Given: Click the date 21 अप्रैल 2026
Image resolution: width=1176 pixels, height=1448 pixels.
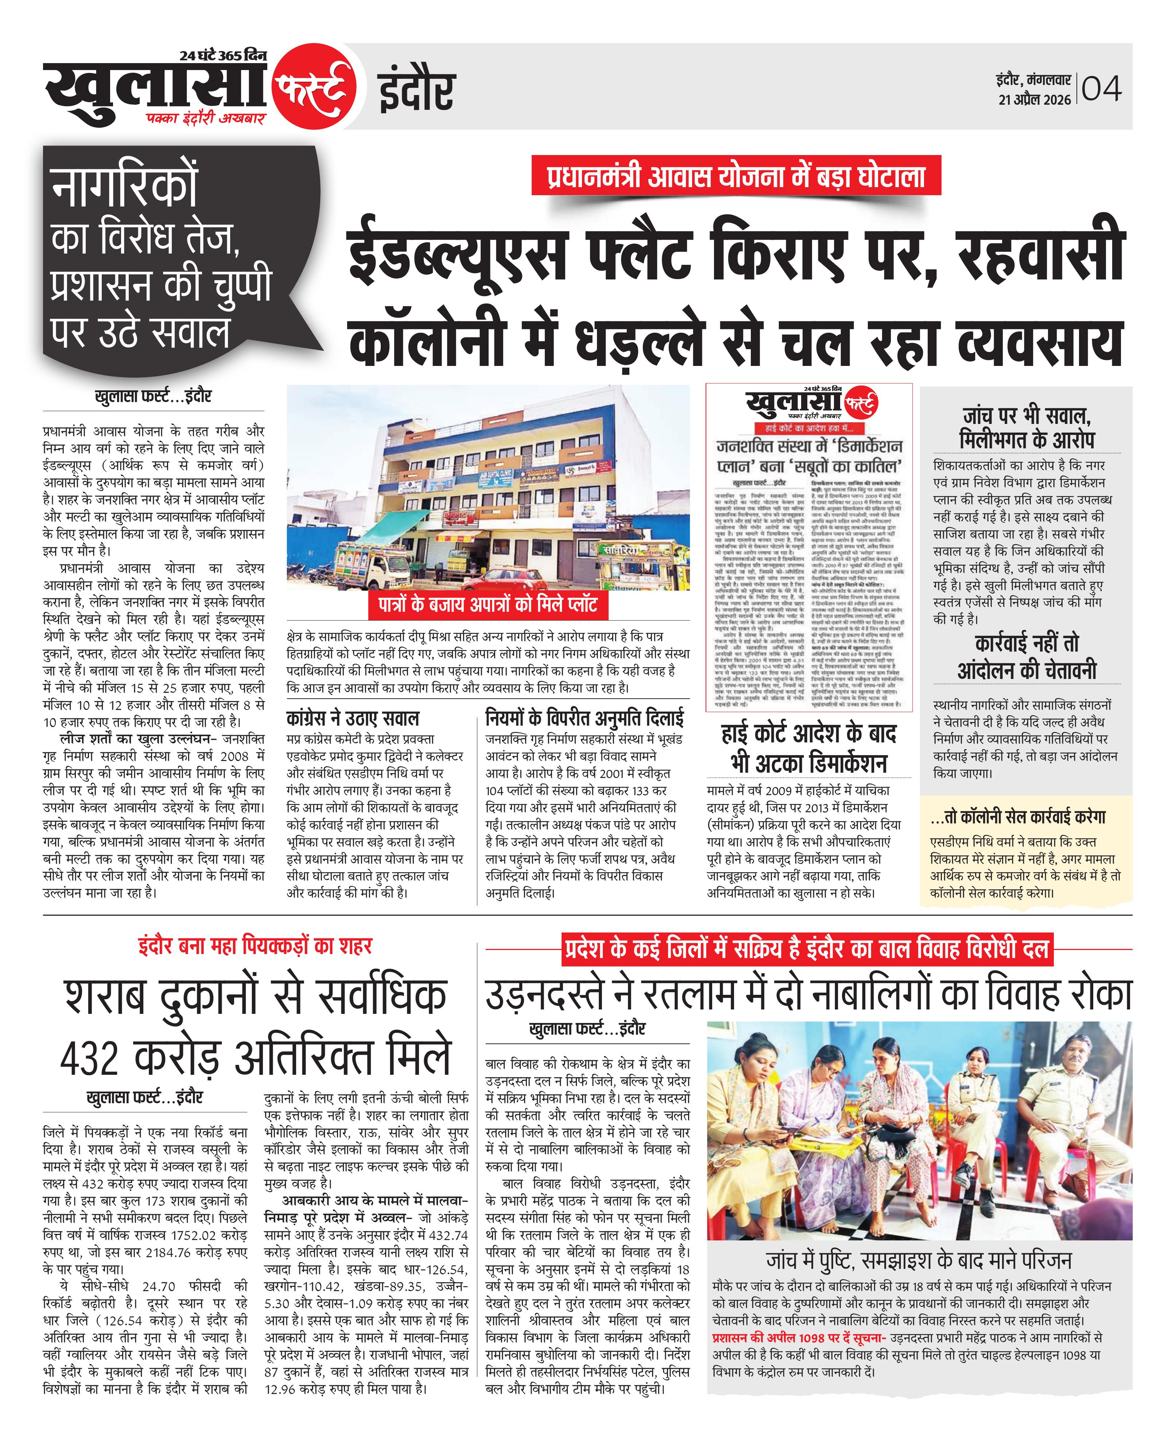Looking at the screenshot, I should (1035, 100).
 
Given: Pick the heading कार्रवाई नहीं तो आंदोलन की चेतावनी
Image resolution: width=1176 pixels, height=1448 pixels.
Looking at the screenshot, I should (1026, 657).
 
